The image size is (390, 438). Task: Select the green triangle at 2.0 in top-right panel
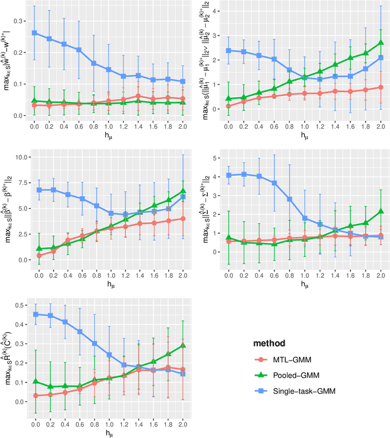(x=381, y=43)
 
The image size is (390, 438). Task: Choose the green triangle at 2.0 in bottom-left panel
(x=183, y=345)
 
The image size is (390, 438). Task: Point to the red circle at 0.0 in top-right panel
(x=229, y=106)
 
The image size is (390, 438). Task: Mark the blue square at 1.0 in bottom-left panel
(x=108, y=354)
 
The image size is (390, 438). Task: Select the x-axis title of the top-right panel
(x=305, y=135)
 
